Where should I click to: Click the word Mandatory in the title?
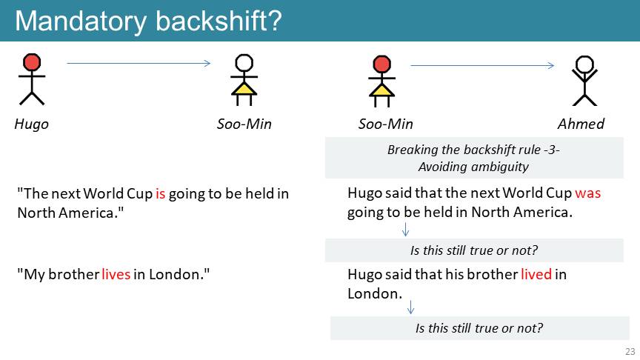tap(81, 21)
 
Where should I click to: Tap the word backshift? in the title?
tap(219, 21)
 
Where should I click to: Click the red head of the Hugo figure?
tap(32, 62)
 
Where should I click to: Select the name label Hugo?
tap(31, 124)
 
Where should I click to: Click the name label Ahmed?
tap(581, 124)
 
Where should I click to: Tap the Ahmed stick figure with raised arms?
tap(584, 81)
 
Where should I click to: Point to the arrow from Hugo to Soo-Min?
tap(139, 63)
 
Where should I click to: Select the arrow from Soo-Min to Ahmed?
tap(482, 65)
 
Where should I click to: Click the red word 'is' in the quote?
tap(161, 193)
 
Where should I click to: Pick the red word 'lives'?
tap(116, 274)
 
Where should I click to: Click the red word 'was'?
tap(587, 193)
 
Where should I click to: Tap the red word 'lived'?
tap(536, 274)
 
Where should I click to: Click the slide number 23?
tap(630, 351)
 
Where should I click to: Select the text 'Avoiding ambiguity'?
tap(473, 167)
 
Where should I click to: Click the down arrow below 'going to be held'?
tap(405, 230)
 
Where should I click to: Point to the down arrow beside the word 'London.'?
tap(410, 307)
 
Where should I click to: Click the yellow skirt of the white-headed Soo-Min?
tap(244, 89)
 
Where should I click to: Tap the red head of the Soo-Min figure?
tap(381, 64)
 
